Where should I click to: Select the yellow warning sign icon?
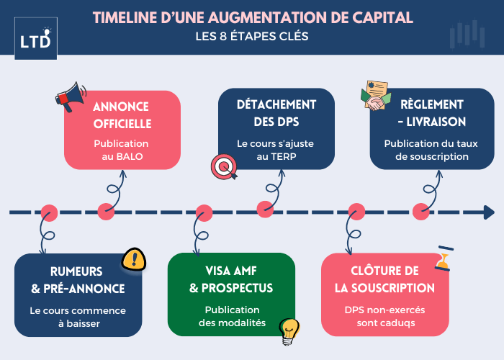(133, 258)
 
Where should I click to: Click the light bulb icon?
(289, 330)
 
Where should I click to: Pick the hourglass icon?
(442, 259)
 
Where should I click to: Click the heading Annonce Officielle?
(121, 114)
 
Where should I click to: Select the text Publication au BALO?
(121, 150)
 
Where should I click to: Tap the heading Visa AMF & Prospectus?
(231, 279)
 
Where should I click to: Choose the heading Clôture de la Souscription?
(384, 279)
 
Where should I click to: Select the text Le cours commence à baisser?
(78, 317)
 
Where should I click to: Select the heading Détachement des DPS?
(276, 113)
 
